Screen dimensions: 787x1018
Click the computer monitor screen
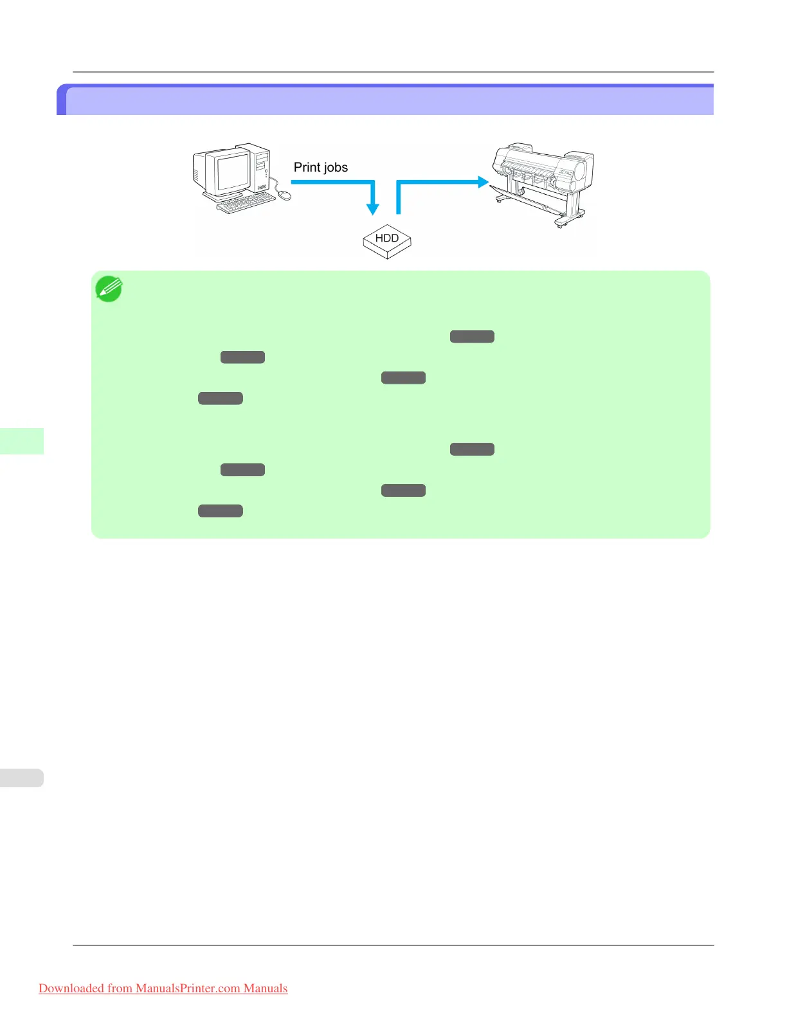tap(232, 172)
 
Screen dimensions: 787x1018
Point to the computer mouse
tap(284, 195)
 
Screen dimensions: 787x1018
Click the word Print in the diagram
tap(307, 167)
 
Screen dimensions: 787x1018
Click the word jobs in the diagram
tap(335, 168)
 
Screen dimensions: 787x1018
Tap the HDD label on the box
tap(387, 238)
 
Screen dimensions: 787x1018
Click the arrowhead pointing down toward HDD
tap(372, 209)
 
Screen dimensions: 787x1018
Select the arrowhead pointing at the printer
tap(484, 182)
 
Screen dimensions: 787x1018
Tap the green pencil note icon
tap(109, 289)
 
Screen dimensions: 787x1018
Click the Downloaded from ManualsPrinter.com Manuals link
tap(163, 988)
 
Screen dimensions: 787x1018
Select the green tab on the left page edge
tap(22, 441)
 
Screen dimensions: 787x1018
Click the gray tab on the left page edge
tap(22, 778)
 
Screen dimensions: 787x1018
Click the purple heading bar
tap(386, 100)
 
